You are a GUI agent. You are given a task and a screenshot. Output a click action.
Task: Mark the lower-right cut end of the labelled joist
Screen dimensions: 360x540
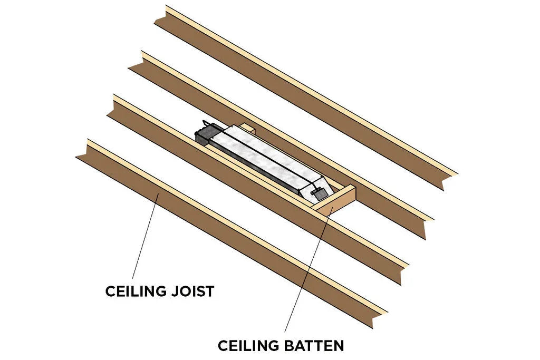tap(379, 316)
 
